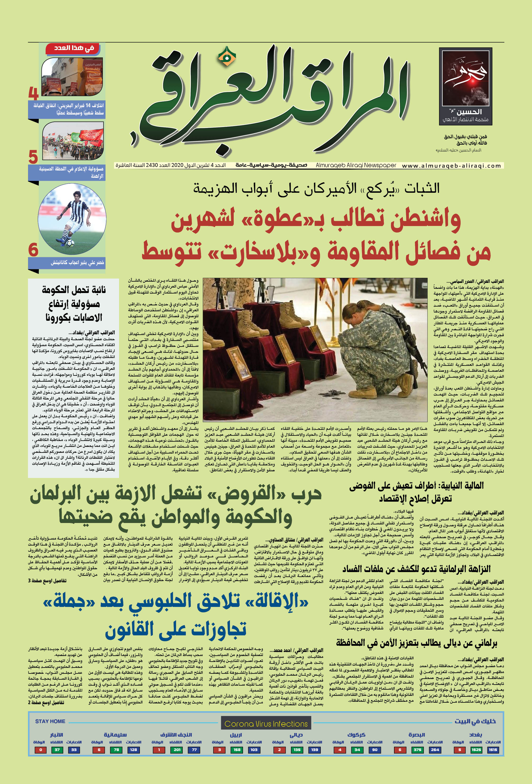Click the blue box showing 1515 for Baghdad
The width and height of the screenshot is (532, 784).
pyautogui.click(x=493, y=750)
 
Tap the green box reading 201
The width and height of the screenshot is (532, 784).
pyautogui.click(x=177, y=750)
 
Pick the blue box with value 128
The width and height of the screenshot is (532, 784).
pyautogui.click(x=133, y=750)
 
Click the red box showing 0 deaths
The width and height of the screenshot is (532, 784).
pyautogui.click(x=41, y=750)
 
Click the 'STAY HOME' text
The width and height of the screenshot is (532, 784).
pyautogui.click(x=50, y=721)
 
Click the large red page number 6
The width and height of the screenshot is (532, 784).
pyautogui.click(x=33, y=250)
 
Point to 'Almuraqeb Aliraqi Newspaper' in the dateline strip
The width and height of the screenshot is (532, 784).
pyautogui.click(x=356, y=165)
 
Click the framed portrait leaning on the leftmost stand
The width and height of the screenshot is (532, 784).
pyautogui.click(x=238, y=363)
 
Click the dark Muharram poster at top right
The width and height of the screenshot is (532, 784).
pyautogui.click(x=465, y=86)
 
